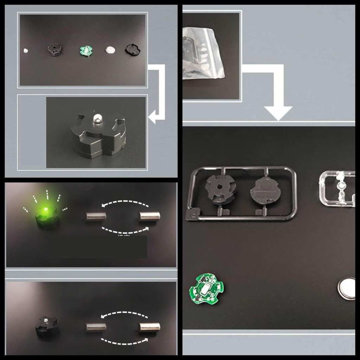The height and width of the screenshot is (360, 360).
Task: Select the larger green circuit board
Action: point(207,289)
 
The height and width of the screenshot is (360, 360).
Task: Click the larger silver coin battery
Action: point(348,289)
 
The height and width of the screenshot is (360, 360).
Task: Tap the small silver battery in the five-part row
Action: point(110,50)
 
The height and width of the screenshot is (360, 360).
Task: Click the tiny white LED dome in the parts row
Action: point(26,50)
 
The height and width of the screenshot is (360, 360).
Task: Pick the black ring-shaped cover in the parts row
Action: point(133,50)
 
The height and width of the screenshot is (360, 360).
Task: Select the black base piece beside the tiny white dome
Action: point(54,49)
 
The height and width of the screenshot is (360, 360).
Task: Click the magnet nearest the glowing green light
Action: point(96,216)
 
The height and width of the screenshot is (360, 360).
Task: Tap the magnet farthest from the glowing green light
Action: point(149,216)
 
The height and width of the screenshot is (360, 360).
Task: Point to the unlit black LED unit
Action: point(46,326)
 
